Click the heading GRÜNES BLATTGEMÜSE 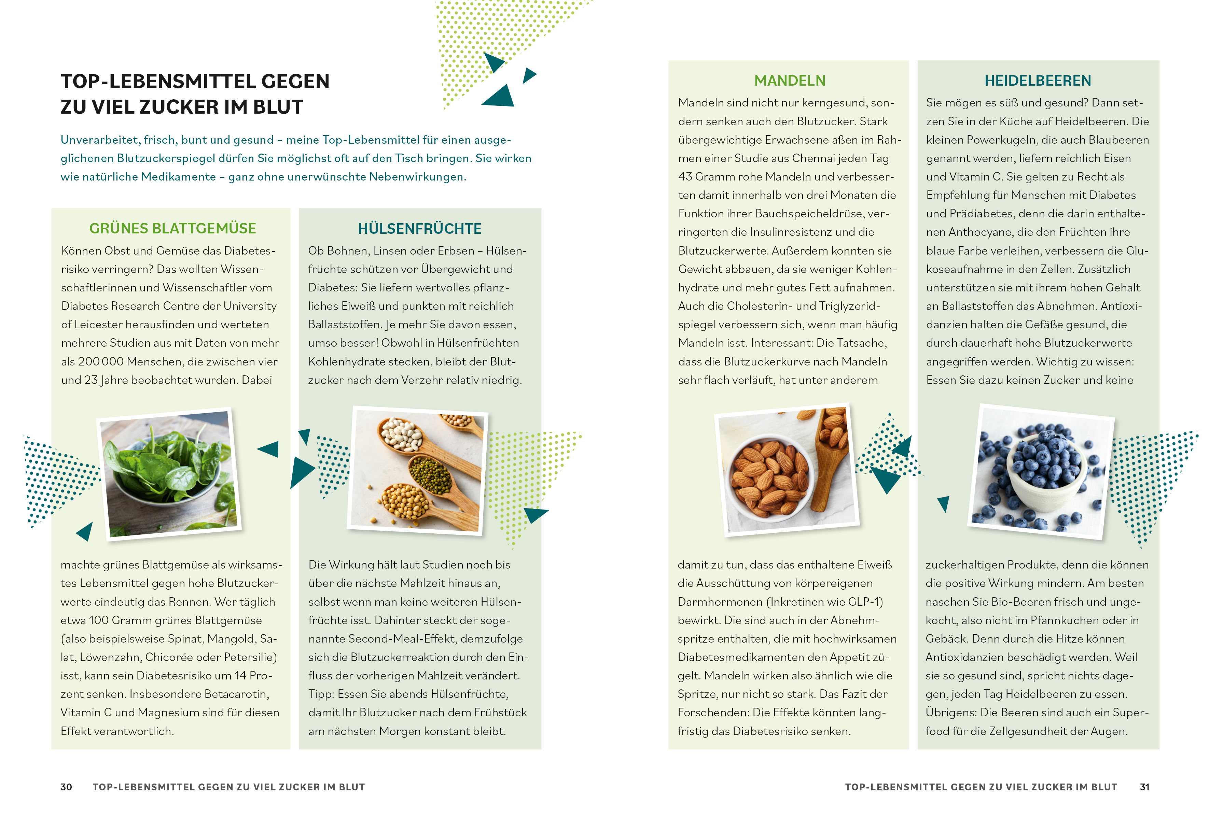coord(172,228)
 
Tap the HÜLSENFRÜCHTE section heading coord(420,228)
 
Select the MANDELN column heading coord(790,80)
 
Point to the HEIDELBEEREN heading coord(1038,80)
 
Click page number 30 coord(66,787)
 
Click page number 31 coord(1144,787)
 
